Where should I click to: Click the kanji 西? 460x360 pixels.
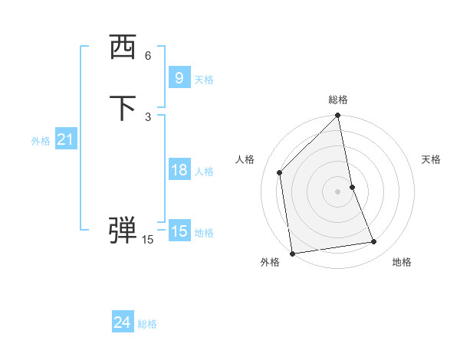tap(123, 48)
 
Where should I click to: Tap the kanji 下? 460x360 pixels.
tap(123, 108)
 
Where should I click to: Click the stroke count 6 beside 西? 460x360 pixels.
tap(148, 55)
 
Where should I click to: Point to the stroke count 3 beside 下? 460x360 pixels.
tap(148, 116)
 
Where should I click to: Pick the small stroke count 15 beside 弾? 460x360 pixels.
tap(148, 240)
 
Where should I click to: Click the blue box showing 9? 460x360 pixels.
tap(179, 77)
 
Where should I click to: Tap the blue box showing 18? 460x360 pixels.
tap(179, 169)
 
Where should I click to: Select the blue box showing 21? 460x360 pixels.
tap(65, 139)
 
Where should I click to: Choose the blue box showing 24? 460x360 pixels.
tap(123, 322)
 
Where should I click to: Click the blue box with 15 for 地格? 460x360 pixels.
tap(179, 231)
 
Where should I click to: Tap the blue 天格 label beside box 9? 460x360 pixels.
tap(204, 79)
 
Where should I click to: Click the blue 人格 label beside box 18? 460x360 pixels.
tap(204, 171)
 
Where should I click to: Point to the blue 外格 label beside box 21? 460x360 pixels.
tap(41, 141)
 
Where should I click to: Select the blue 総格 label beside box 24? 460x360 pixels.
tap(147, 324)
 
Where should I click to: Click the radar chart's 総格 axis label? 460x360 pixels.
tap(338, 100)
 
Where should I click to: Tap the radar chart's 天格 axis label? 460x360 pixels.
tap(431, 159)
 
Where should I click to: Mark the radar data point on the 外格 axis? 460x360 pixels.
tap(292, 253)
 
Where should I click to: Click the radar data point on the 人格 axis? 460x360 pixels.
tap(280, 172)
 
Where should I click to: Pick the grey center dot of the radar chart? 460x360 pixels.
tap(338, 191)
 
